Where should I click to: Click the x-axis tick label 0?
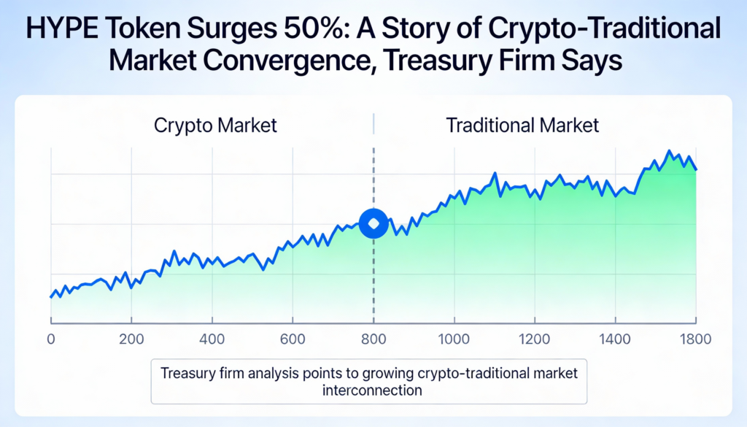click(50, 339)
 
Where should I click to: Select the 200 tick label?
click(131, 339)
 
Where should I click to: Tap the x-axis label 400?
click(212, 339)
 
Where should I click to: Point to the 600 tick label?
click(292, 339)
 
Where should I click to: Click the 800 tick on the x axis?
click(373, 339)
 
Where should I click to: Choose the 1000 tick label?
click(454, 339)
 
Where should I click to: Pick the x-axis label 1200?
click(534, 339)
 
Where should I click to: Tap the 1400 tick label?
click(615, 339)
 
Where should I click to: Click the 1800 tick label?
click(695, 339)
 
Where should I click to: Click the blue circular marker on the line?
click(373, 223)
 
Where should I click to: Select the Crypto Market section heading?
click(215, 125)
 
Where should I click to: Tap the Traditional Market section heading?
click(522, 125)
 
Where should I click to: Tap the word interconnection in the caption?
click(372, 390)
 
